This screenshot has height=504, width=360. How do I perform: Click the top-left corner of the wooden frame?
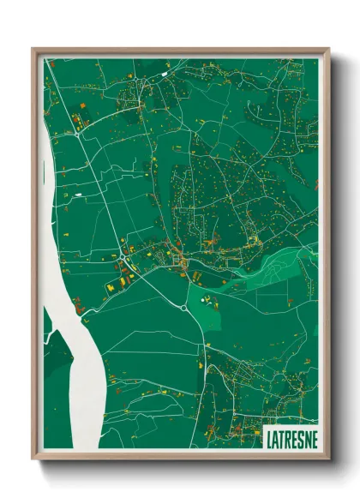33,49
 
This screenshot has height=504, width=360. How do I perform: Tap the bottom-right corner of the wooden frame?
328,459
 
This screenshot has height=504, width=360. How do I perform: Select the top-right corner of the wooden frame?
328,49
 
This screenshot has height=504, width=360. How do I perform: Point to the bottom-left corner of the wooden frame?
33,459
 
